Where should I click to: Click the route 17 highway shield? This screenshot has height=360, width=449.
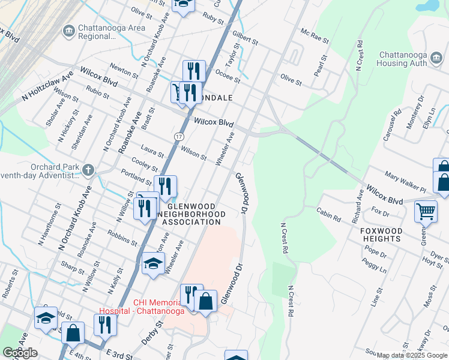pos(178,137)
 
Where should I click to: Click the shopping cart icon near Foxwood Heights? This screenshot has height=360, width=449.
pos(426,211)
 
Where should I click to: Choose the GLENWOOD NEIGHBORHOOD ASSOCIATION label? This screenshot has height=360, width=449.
pos(191,214)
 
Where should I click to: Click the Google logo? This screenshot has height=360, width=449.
pos(20,353)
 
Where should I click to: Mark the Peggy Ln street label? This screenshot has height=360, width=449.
pos(375,265)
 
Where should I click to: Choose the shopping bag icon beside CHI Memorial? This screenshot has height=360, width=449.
pos(205,301)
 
